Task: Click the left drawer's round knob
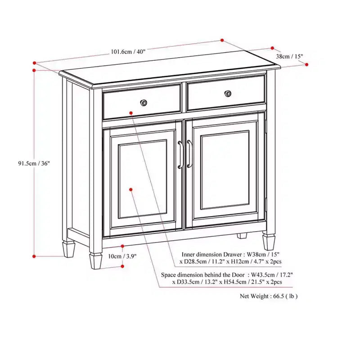pyautogui.click(x=144, y=103)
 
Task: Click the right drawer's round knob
pyautogui.click(x=228, y=94)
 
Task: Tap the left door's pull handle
pyautogui.click(x=180, y=154)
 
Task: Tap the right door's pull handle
pyautogui.click(x=189, y=153)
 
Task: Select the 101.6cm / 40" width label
pyautogui.click(x=128, y=51)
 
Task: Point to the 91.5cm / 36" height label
pyautogui.click(x=34, y=163)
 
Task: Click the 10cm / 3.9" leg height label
pyautogui.click(x=122, y=256)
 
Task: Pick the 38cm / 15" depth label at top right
pyautogui.click(x=289, y=56)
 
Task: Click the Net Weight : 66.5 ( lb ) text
pyautogui.click(x=269, y=296)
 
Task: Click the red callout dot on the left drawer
pyautogui.click(x=131, y=113)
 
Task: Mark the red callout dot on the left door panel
pyautogui.click(x=131, y=189)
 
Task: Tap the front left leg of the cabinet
pyautogui.click(x=96, y=261)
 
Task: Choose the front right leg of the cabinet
pyautogui.click(x=269, y=242)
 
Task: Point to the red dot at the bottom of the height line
pyautogui.click(x=34, y=256)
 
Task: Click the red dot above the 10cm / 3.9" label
pyautogui.click(x=122, y=246)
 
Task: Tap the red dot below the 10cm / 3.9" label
pyautogui.click(x=122, y=266)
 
